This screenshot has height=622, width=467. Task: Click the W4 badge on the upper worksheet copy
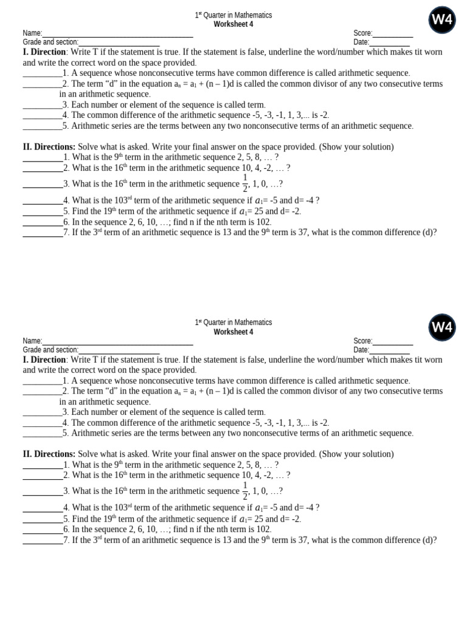tap(441, 19)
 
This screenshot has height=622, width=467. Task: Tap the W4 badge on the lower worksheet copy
tap(441, 327)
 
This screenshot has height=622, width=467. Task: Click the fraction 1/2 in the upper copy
tap(245, 183)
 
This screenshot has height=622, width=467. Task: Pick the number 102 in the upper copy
tap(263, 222)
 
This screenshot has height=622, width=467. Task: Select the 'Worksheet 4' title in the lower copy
tap(233, 332)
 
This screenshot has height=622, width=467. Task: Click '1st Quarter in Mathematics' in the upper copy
tap(233, 15)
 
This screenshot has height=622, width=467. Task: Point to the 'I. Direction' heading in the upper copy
tap(44, 53)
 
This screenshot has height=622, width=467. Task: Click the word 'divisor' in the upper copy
tap(306, 84)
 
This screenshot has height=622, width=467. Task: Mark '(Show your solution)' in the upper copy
tap(356, 147)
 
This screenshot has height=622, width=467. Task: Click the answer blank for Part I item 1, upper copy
tap(42, 73)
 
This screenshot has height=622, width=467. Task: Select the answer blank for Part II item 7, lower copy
tap(43, 541)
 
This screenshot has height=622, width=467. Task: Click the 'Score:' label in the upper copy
tap(362, 33)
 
